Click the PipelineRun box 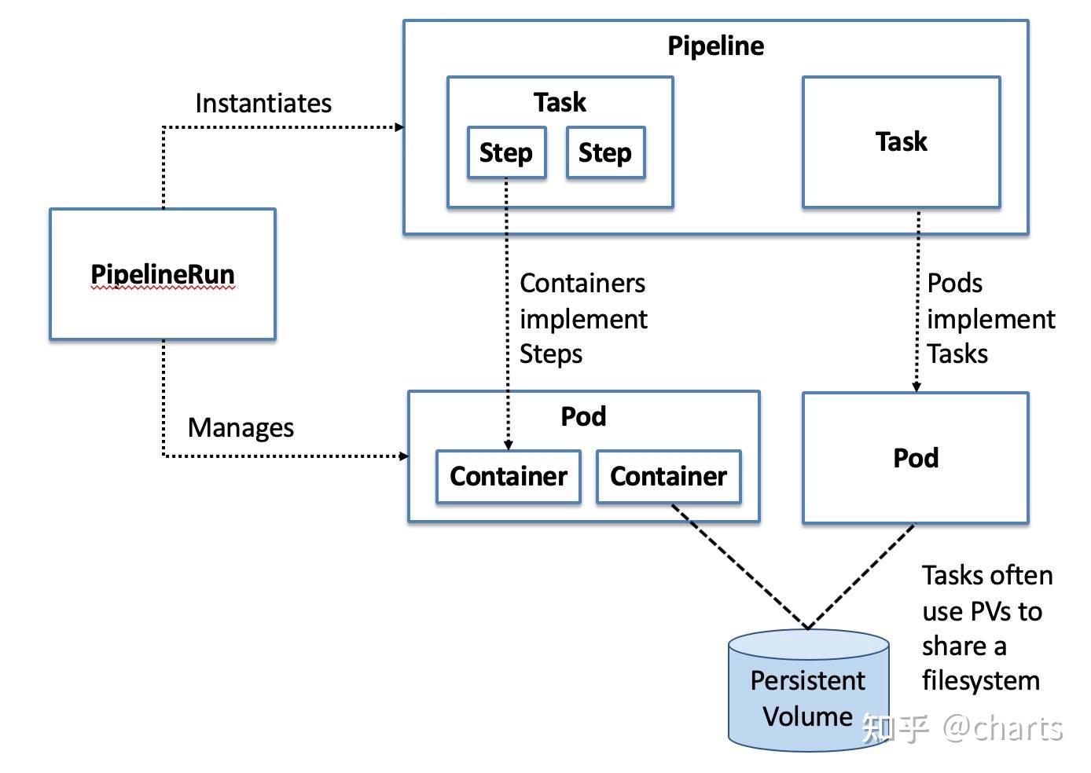(x=163, y=274)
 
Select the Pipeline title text (x=715, y=46)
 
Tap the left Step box (x=506, y=152)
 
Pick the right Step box (x=605, y=152)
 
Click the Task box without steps (x=901, y=142)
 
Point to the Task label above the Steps (x=560, y=102)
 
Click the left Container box (x=509, y=476)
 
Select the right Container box (x=668, y=476)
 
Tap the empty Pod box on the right (x=915, y=458)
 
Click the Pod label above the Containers (x=583, y=416)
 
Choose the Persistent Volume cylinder (x=808, y=691)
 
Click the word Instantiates (x=263, y=103)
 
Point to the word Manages (x=241, y=427)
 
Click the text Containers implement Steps (x=583, y=318)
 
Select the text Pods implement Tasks (x=990, y=318)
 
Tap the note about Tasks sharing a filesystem (x=986, y=628)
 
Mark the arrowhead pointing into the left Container (x=509, y=445)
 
